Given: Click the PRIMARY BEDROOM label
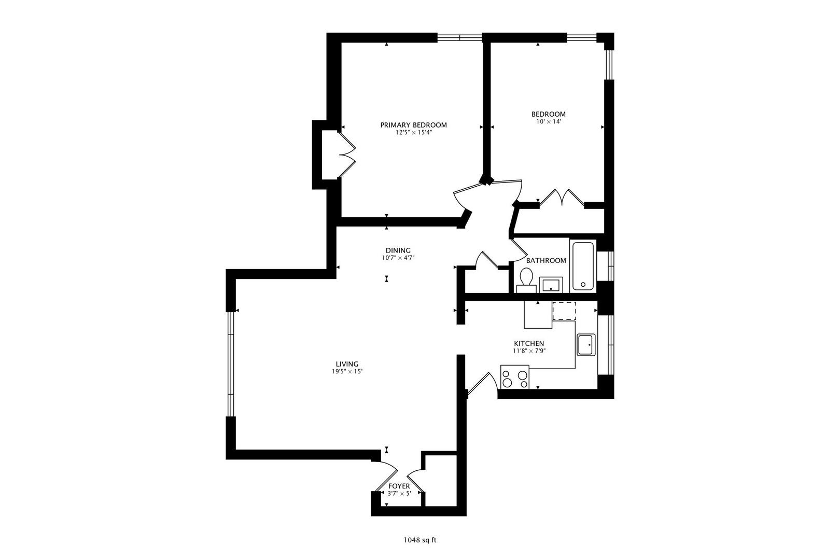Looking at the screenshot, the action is [413, 125].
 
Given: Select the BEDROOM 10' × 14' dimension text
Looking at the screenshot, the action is [548, 121].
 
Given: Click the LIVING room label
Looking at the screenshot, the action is [347, 364].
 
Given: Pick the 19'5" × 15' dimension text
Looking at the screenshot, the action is [347, 372].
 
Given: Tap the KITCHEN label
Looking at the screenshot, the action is [529, 344].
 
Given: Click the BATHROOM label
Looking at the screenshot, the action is [546, 260].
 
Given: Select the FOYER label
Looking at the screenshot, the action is [399, 486].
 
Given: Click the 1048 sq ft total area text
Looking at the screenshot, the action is [420, 540].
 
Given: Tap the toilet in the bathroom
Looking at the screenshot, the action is [526, 280].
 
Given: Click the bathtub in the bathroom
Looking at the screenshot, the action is [582, 267].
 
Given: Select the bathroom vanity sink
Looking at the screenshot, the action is [551, 285].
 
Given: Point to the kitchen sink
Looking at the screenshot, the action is [586, 344].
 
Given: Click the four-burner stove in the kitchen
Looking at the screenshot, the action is [514, 377].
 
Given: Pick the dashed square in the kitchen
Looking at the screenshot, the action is [564, 311].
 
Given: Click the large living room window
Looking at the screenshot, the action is [231, 364].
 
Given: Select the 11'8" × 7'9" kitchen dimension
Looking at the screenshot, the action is [529, 351].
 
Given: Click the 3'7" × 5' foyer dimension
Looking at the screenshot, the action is [399, 494].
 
